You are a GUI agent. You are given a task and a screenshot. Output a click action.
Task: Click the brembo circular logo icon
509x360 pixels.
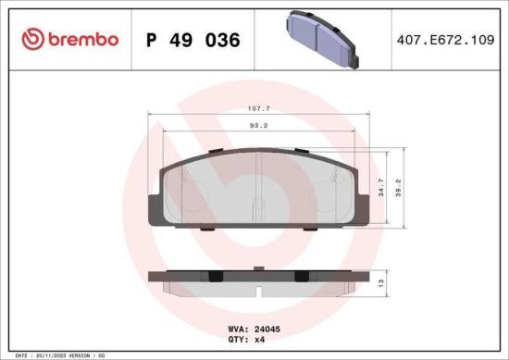pos(33,39)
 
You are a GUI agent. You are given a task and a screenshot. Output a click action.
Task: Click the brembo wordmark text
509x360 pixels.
pos(83,40)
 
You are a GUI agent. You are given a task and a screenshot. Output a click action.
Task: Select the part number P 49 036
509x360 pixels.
pos(193,41)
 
